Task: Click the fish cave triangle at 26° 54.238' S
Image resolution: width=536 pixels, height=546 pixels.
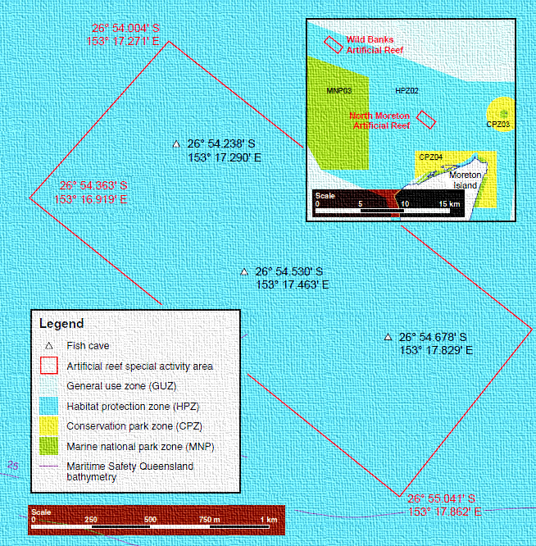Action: (x=176, y=143)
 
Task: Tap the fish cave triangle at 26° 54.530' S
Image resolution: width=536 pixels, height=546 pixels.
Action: (x=244, y=271)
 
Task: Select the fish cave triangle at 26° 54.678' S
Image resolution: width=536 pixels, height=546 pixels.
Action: (x=388, y=337)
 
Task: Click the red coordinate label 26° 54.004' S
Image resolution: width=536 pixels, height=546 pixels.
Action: (x=125, y=28)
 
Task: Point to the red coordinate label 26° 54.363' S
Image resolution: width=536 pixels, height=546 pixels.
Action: (x=93, y=185)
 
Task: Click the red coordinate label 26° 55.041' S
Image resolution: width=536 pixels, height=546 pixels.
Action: (x=441, y=498)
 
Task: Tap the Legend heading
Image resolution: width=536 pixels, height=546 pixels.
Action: (x=61, y=324)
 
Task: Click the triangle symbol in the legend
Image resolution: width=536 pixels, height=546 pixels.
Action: (x=48, y=346)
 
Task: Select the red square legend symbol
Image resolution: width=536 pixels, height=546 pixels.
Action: (x=48, y=366)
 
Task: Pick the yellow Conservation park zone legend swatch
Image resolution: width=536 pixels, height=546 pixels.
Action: (x=48, y=425)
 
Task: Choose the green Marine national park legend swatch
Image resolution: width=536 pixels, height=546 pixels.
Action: (x=48, y=446)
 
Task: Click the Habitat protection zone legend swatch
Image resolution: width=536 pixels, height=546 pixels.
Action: (x=48, y=406)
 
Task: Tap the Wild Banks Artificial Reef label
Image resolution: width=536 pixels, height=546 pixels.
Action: (x=375, y=45)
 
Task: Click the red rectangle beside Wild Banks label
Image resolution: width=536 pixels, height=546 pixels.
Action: (x=333, y=45)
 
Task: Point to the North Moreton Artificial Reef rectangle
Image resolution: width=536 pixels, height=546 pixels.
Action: (x=426, y=120)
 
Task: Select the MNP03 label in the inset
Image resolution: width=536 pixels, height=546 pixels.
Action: (x=339, y=91)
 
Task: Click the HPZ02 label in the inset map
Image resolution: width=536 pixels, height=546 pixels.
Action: (x=407, y=91)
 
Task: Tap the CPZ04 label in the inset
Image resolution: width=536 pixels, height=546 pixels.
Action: (x=430, y=157)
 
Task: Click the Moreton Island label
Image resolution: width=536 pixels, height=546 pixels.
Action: (x=465, y=180)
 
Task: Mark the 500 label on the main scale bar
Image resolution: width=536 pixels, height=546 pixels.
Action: (x=150, y=520)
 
